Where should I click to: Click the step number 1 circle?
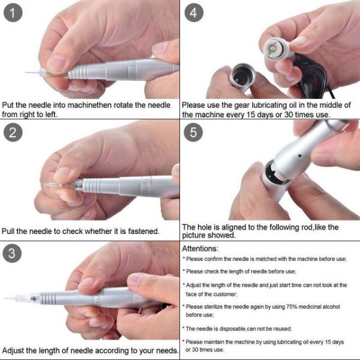[13, 13]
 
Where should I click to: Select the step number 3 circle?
[12, 253]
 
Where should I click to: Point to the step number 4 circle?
[194, 13]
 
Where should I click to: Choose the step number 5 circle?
[193, 132]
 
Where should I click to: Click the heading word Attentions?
[200, 248]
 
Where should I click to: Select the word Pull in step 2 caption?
[8, 231]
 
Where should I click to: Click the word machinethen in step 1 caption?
[90, 105]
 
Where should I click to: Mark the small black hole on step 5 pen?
[299, 156]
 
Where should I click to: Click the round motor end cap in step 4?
[273, 49]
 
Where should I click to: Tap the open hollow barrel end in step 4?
[242, 75]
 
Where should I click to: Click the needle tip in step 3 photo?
[5, 298]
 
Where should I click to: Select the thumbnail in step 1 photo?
[56, 64]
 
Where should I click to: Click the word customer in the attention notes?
[226, 295]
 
